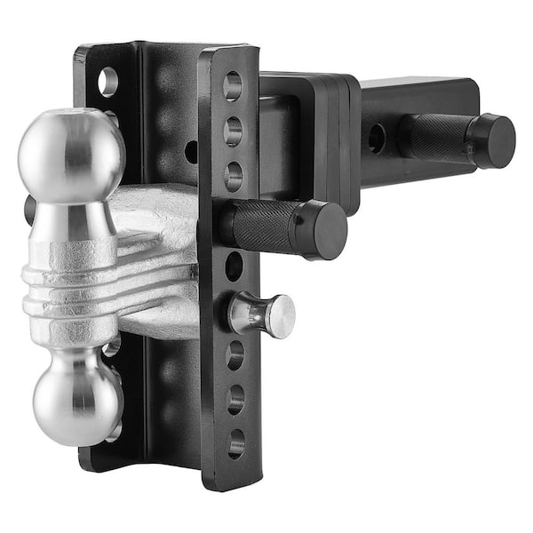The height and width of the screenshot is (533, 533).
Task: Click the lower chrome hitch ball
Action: coord(76,398)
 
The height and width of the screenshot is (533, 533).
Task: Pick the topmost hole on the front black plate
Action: coord(232,86)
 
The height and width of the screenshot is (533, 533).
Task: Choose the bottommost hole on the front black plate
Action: coord(235,442)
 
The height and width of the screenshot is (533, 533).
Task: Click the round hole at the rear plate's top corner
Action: coord(107,82)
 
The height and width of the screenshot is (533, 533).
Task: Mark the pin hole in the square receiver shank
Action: coord(377,137)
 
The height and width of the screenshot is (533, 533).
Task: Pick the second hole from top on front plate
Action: coord(233,131)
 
